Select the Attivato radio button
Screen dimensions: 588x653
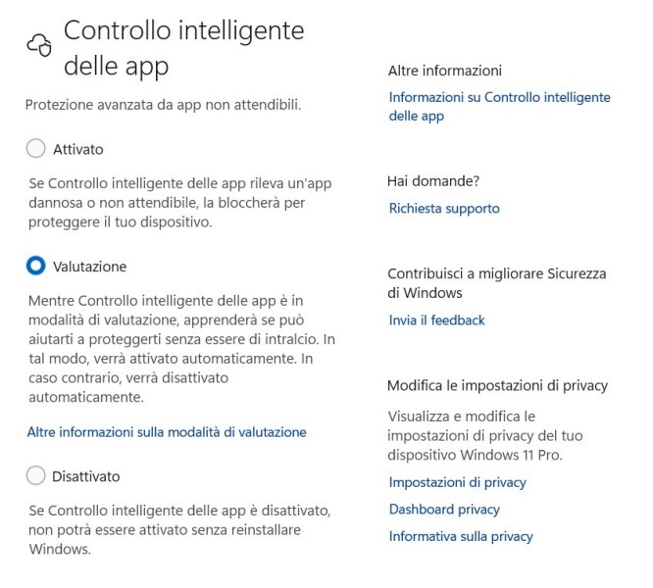coord(36,149)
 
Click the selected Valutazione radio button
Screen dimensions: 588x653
coord(36,266)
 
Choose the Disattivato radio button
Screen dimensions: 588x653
coord(36,476)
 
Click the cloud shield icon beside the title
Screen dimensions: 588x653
coord(38,44)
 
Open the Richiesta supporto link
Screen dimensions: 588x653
coord(444,209)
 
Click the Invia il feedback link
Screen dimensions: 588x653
coord(436,320)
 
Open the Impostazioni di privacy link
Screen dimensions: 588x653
coord(457,482)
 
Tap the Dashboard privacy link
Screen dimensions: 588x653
coord(444,510)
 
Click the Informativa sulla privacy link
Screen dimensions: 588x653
coord(461,536)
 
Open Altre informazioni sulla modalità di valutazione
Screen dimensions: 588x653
coord(167,432)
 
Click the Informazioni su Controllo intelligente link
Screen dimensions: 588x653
coord(499,98)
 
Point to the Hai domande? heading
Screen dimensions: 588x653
coord(433,181)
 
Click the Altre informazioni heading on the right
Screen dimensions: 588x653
coord(444,71)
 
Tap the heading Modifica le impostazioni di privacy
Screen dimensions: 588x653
coord(497,386)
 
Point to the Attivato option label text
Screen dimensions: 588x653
coord(78,150)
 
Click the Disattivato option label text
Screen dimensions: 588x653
coord(86,476)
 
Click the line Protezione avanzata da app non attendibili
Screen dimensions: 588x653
coord(162,104)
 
